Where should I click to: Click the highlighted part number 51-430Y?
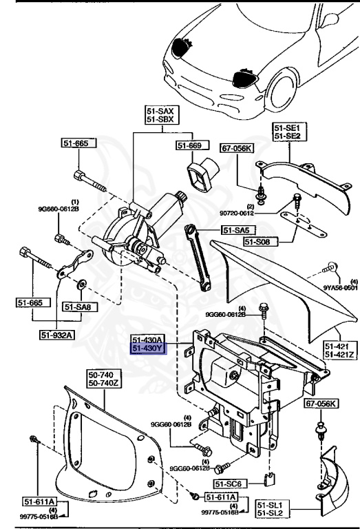[x=148, y=349]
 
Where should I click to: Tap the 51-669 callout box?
[x=189, y=145]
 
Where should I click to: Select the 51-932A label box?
[x=56, y=335]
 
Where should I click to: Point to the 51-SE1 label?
[x=288, y=128]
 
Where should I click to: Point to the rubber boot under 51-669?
[x=202, y=176]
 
